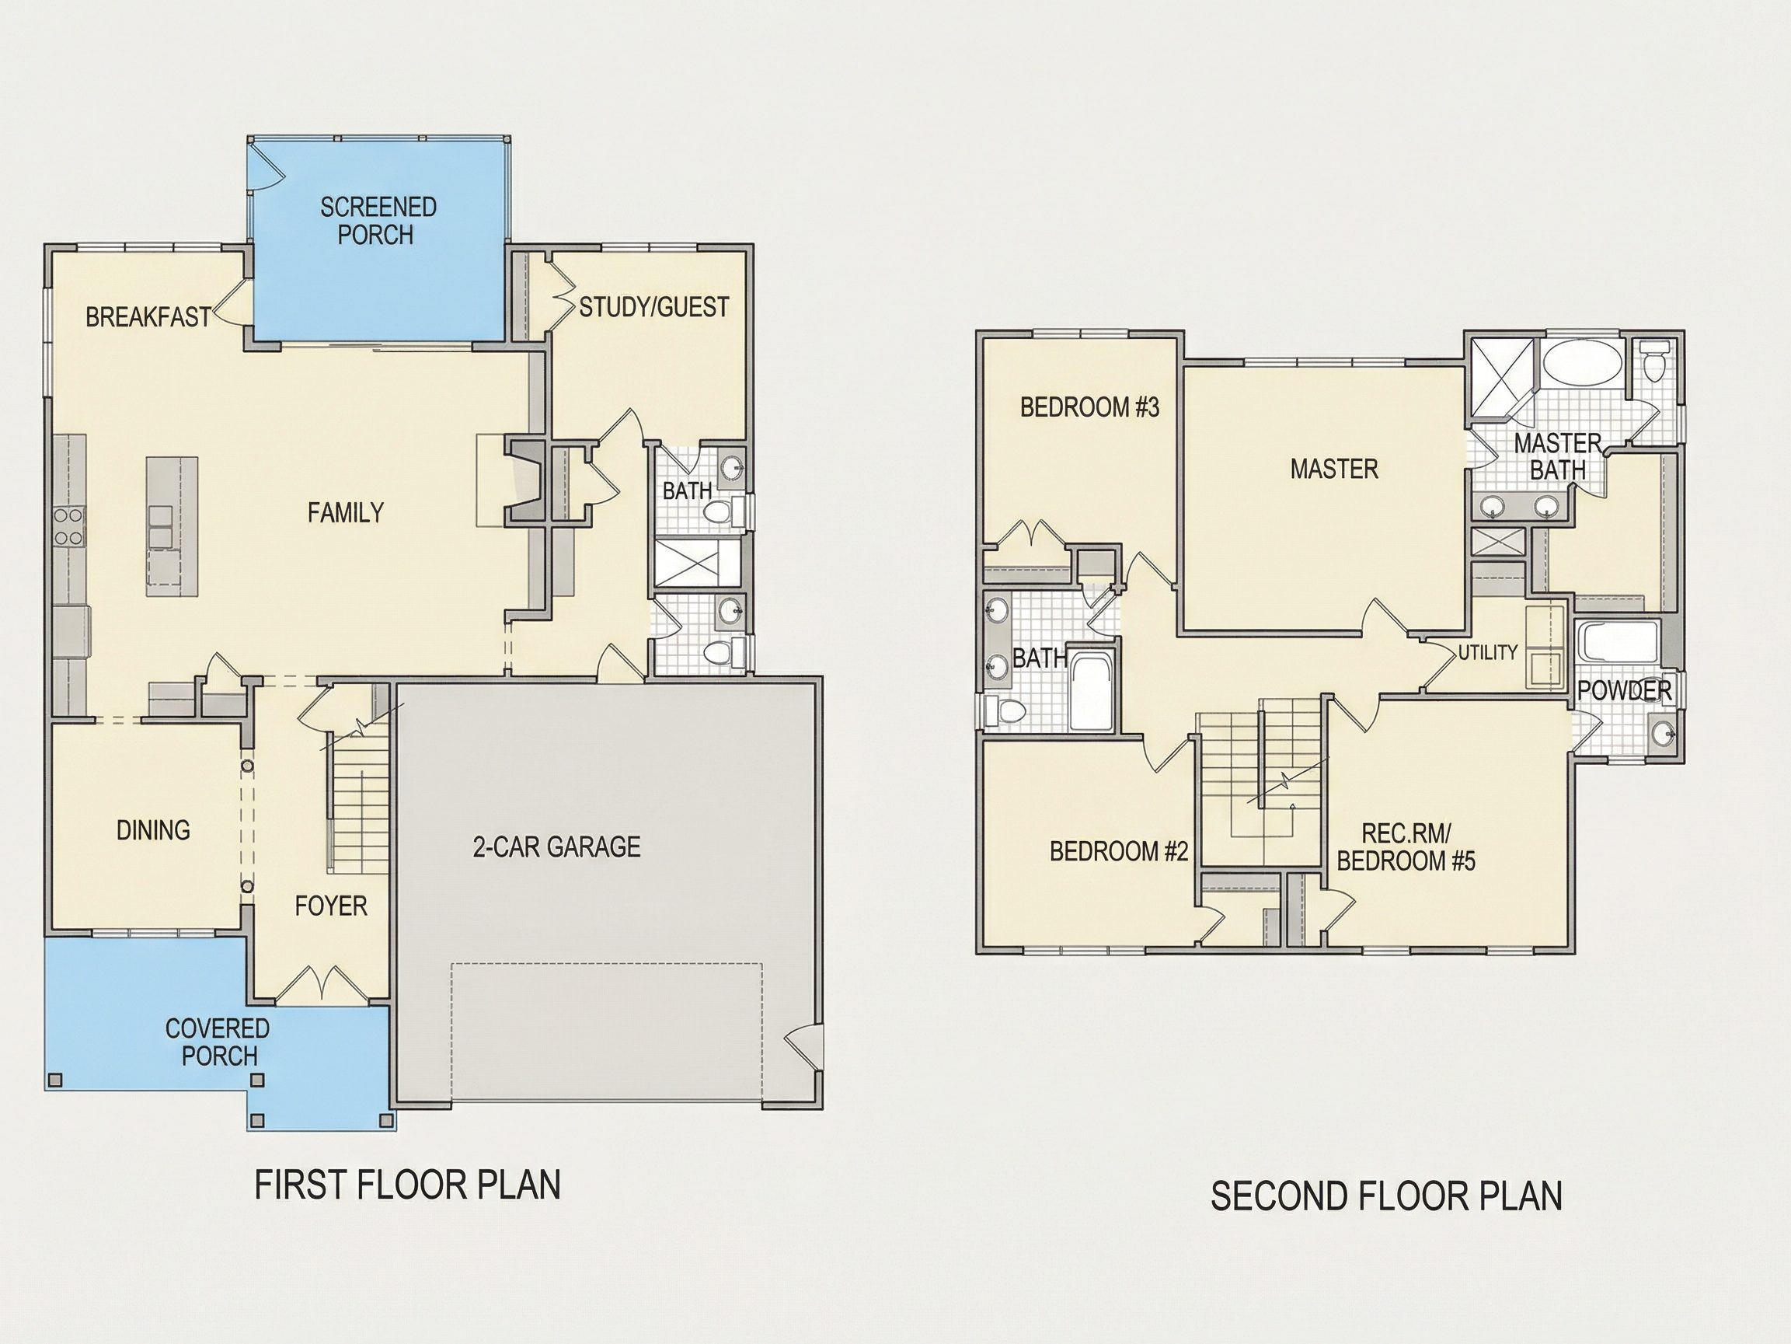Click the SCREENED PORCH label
378,220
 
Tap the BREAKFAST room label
148,316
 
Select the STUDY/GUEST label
654,307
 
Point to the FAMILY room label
346,512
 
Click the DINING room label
153,829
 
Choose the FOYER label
331,905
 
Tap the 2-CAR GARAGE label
557,847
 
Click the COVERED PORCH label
218,1042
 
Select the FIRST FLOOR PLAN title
408,1185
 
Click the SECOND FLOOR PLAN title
1386,1196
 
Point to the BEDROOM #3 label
1090,407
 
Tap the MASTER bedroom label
1334,468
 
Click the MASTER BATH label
1558,456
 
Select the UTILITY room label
1488,652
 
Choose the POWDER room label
1625,690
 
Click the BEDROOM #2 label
1119,850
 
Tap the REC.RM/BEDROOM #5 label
1406,847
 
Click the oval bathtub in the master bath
1584,361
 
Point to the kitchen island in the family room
172,526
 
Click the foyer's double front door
322,983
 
